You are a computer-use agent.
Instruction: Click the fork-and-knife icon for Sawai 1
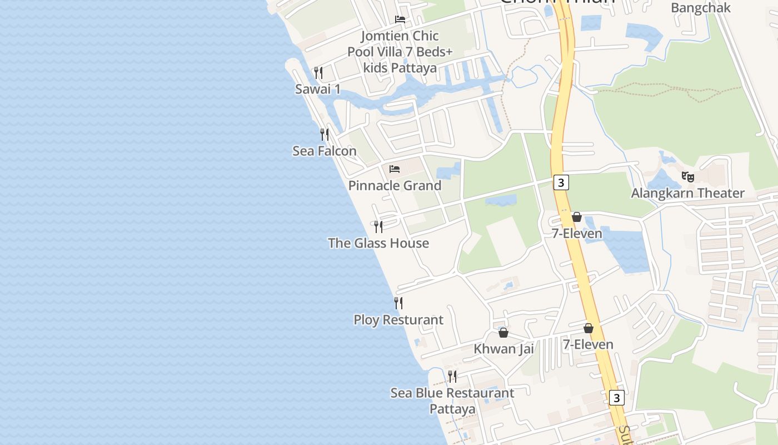tap(318, 73)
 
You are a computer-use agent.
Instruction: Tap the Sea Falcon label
tap(325, 151)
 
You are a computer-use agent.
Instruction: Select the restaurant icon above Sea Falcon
tap(325, 134)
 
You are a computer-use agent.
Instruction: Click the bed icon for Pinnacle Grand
tap(395, 169)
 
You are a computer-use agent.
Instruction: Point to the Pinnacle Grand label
tap(395, 185)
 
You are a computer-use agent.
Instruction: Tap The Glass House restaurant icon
tap(378, 226)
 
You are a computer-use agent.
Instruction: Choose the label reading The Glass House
tap(378, 243)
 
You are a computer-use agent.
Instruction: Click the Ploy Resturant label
tap(398, 320)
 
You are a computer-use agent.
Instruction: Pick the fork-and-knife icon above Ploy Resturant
tap(398, 303)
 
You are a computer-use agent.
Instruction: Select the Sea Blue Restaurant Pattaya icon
tap(452, 377)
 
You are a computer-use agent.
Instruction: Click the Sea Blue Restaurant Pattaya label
tap(452, 400)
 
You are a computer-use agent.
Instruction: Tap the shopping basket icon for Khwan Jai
tap(503, 333)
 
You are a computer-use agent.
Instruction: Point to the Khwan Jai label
tap(503, 349)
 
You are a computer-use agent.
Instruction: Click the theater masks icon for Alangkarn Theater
tap(688, 177)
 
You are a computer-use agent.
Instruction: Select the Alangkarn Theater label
tap(687, 193)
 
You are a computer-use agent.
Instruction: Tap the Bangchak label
tap(701, 8)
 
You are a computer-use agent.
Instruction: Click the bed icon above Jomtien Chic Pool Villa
tap(400, 19)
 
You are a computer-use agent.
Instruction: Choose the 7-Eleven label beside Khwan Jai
tap(588, 344)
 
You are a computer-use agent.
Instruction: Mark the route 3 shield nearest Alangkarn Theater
tap(561, 182)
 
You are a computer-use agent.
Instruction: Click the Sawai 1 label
tap(318, 89)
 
